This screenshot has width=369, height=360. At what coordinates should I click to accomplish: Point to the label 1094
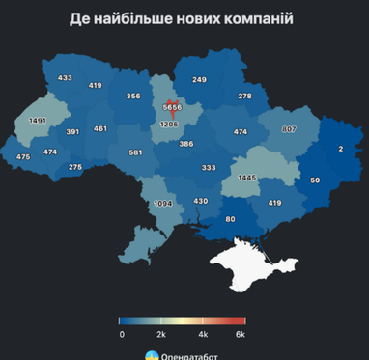pyautogui.click(x=163, y=204)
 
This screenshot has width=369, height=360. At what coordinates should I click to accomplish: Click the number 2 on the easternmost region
pyautogui.click(x=340, y=148)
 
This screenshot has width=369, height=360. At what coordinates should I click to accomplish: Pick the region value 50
pyautogui.click(x=315, y=180)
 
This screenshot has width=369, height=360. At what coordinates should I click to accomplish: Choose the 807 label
pyautogui.click(x=289, y=129)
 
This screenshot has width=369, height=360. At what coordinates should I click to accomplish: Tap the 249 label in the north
pyautogui.click(x=199, y=79)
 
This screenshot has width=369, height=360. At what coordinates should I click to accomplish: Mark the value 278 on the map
pyautogui.click(x=244, y=97)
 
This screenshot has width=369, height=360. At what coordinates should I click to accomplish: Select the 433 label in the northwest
pyautogui.click(x=66, y=77)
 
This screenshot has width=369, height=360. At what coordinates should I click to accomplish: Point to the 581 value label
pyautogui.click(x=136, y=152)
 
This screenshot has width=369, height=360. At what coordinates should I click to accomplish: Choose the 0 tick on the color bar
pyautogui.click(x=122, y=333)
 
